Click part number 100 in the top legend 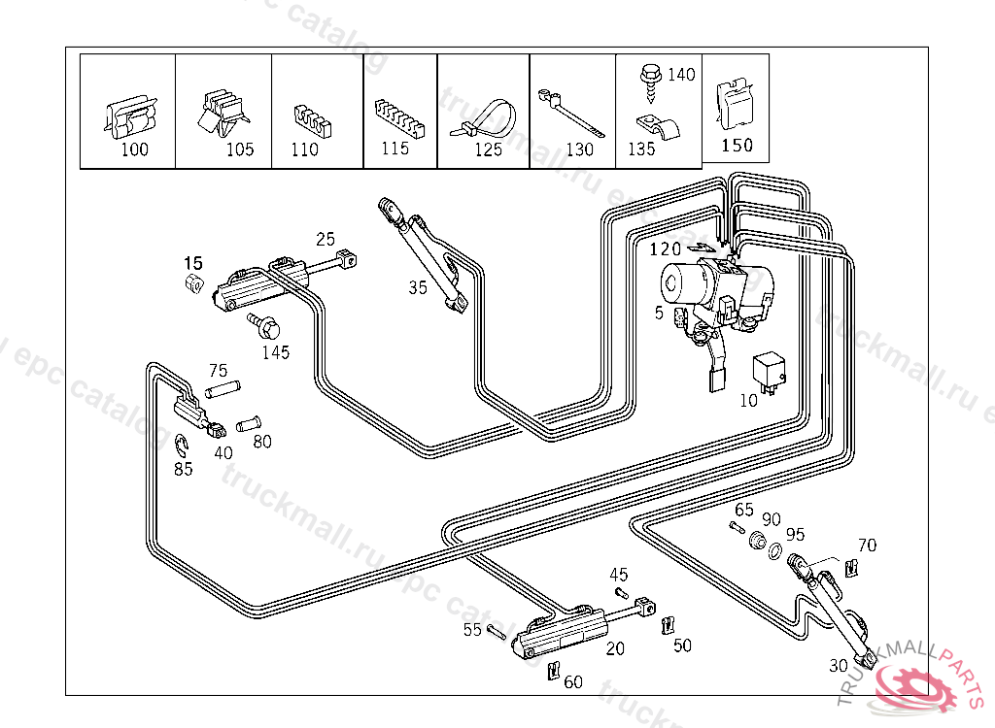pos(135,149)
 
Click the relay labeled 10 pos(767,373)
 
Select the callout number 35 pos(418,287)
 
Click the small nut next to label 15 pos(193,283)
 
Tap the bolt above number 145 pos(263,324)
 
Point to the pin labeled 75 pos(223,390)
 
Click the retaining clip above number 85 pos(183,446)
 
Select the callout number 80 pos(262,442)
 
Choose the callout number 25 pos(326,239)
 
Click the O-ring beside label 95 pos(775,552)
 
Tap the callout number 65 pos(744,510)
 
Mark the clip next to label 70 pos(852,567)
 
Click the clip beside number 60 pos(553,670)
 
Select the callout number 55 pos(472,630)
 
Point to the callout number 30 pos(838,666)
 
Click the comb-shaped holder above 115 pos(396,118)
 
